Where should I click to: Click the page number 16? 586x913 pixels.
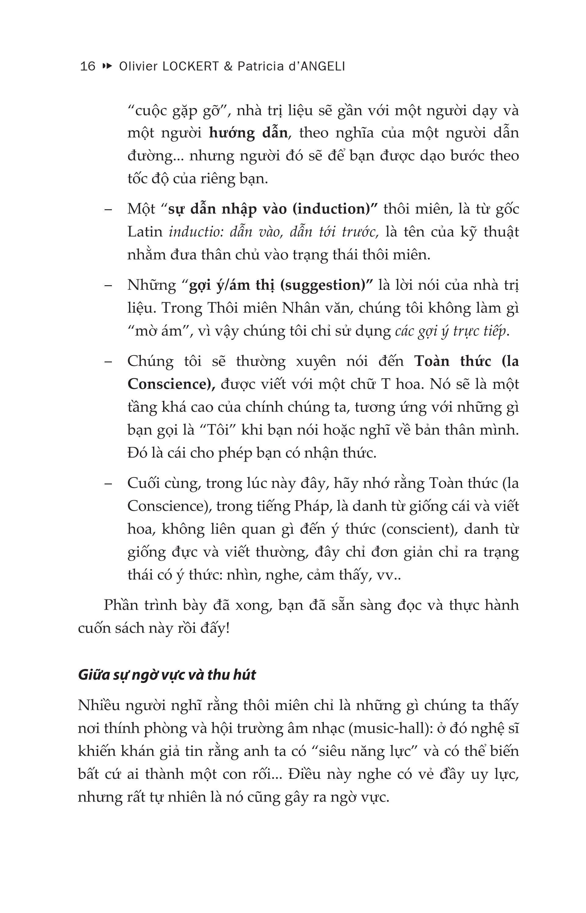pos(88,66)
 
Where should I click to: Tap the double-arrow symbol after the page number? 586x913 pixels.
pos(108,66)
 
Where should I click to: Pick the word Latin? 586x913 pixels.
pos(145,232)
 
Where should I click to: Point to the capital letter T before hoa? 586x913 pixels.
pos(386,384)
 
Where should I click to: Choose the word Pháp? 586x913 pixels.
pos(311,506)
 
